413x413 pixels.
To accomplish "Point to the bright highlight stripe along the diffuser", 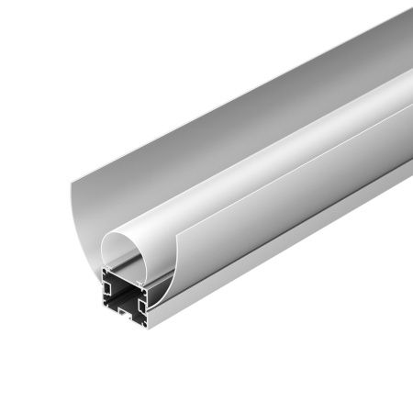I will click(275, 138).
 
